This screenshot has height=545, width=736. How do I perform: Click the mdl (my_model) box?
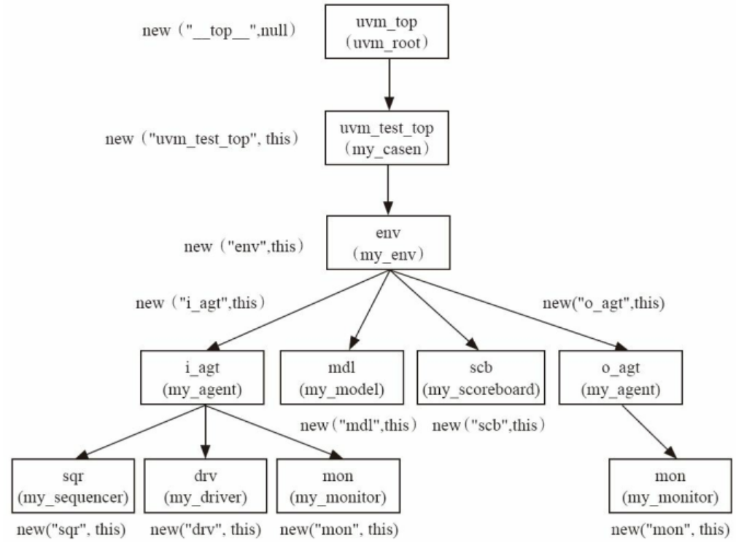click(x=341, y=377)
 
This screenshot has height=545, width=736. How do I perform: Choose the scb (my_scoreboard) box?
click(x=480, y=377)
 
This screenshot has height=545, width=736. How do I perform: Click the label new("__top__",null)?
click(x=219, y=33)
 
